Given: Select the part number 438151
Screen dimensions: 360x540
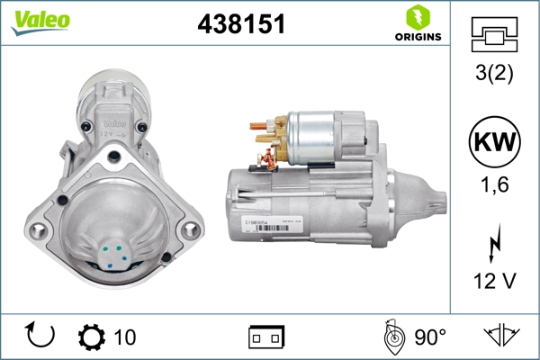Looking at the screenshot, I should tap(241, 25).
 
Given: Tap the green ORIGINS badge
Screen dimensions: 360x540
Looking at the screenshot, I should tap(417, 23).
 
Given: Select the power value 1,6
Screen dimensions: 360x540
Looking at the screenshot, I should tap(494, 186).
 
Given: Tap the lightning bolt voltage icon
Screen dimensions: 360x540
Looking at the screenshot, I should tap(494, 245).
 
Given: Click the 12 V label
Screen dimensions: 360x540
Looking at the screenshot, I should tap(494, 282).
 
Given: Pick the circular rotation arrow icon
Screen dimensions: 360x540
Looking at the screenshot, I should tap(41, 337).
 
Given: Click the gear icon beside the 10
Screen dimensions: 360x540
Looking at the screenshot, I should tap(92, 337).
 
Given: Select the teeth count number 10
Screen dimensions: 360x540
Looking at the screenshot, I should tap(125, 337).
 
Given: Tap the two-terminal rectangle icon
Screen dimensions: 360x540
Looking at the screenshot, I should tap(266, 337).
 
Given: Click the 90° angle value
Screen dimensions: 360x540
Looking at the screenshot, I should tap(430, 337).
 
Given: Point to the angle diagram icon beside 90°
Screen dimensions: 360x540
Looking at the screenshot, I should tap(393, 337).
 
